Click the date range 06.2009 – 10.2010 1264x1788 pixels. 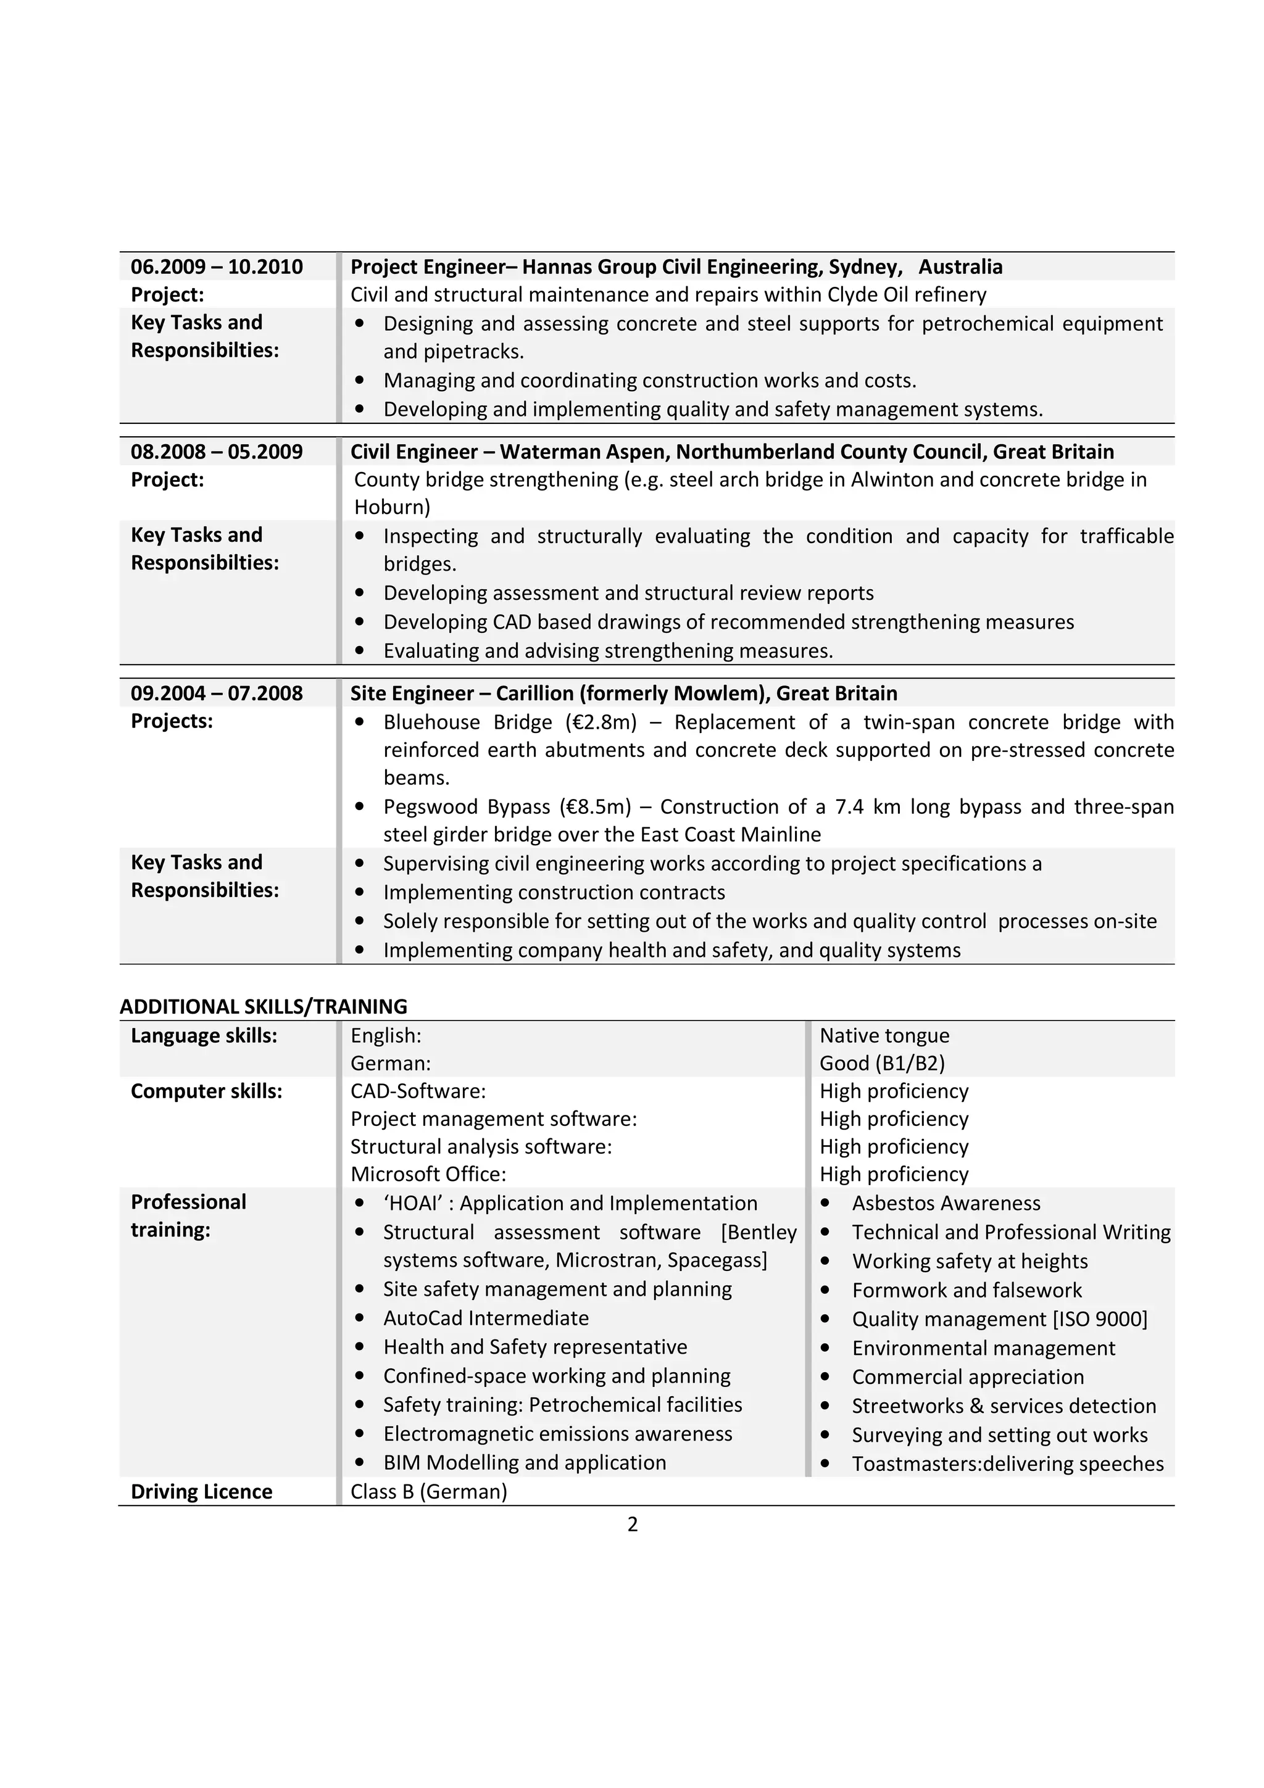pyautogui.click(x=217, y=267)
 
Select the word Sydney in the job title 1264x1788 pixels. pyautogui.click(x=863, y=267)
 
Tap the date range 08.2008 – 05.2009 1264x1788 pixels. pyautogui.click(x=217, y=452)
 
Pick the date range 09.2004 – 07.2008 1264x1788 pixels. pyautogui.click(x=217, y=694)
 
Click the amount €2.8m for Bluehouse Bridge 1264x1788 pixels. pyautogui.click(x=601, y=722)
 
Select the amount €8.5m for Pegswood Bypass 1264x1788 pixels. pyautogui.click(x=594, y=807)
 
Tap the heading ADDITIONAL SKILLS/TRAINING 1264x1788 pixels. pyautogui.click(x=264, y=1007)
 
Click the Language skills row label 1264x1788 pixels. pyautogui.click(x=204, y=1037)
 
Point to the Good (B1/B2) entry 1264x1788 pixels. pyautogui.click(x=881, y=1064)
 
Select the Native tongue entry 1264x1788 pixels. pyautogui.click(x=884, y=1037)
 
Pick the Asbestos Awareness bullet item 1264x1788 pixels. pyautogui.click(x=946, y=1204)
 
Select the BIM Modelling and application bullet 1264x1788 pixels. pyautogui.click(x=524, y=1463)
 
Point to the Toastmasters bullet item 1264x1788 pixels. pyautogui.click(x=1007, y=1464)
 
